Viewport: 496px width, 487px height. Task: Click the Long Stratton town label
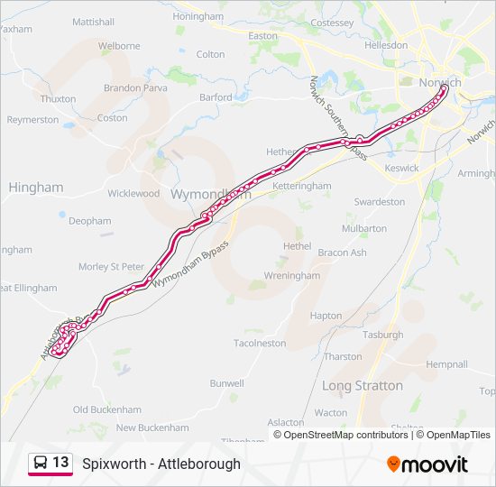click(x=363, y=386)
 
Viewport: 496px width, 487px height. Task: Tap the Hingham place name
click(x=36, y=188)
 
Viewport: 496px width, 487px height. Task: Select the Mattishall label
click(x=93, y=21)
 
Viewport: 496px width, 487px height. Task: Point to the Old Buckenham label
click(x=107, y=409)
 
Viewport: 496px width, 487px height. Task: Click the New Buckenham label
click(x=152, y=427)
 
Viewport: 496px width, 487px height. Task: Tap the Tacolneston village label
click(x=260, y=344)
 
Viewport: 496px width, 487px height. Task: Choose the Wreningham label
click(x=291, y=276)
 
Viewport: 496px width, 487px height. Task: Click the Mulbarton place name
click(x=364, y=229)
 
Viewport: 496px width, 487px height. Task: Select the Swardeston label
click(x=380, y=202)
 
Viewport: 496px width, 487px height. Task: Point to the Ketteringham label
click(x=302, y=186)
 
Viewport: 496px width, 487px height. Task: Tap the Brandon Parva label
click(x=136, y=88)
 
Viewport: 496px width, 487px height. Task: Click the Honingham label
click(x=197, y=17)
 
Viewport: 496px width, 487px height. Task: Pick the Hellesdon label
click(x=386, y=45)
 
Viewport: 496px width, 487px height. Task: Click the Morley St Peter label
click(x=111, y=267)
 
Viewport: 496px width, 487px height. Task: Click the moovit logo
click(x=427, y=464)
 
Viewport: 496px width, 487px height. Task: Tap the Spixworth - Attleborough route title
click(x=161, y=464)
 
